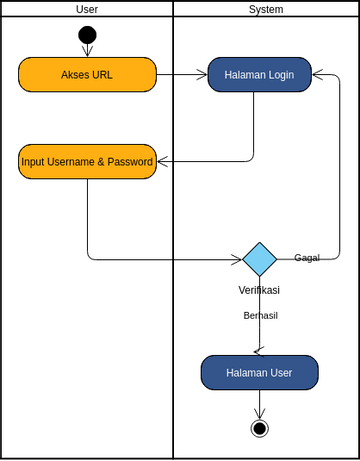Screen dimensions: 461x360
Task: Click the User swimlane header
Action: coord(87,9)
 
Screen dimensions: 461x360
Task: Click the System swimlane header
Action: coord(266,9)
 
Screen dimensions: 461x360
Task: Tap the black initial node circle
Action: coord(87,35)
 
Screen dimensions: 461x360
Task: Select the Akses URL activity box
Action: coord(87,74)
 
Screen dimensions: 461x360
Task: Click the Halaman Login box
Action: coord(259,74)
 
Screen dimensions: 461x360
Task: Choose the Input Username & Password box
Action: coord(87,161)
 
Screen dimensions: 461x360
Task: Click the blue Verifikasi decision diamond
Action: coord(259,259)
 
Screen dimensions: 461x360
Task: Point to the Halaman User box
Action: coord(259,372)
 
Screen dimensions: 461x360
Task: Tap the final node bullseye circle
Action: coord(259,428)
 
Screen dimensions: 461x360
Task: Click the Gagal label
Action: coord(307,258)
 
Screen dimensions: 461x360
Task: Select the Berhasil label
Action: coord(260,315)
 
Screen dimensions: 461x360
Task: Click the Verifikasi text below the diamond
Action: coord(259,290)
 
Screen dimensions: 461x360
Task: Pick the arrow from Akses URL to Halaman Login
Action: coord(182,74)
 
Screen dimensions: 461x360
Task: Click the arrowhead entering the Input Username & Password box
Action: coord(162,161)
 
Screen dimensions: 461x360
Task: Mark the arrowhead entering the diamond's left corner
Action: coord(237,259)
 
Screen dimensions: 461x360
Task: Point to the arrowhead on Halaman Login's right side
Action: coord(317,74)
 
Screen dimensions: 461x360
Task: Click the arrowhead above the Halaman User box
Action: coord(259,351)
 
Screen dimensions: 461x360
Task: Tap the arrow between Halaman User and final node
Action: coord(259,403)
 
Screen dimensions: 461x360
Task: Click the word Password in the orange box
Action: coord(132,161)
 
